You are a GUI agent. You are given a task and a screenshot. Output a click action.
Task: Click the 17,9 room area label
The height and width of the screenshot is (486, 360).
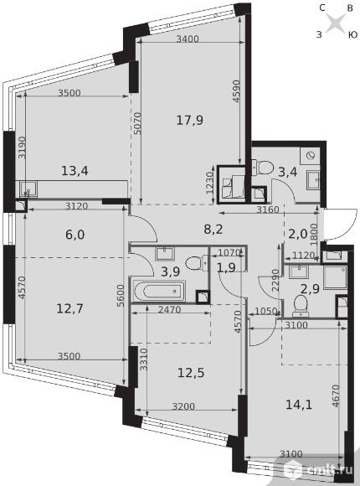pos(189,120)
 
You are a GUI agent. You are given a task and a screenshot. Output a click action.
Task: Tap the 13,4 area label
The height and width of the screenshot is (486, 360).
pos(75,170)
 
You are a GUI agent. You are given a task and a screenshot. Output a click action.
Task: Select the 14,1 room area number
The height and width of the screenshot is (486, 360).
pos(299,405)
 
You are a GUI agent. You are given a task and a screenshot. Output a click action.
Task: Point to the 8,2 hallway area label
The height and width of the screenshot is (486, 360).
pos(213,230)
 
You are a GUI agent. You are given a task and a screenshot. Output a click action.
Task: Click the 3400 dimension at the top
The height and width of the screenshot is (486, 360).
pos(188,39)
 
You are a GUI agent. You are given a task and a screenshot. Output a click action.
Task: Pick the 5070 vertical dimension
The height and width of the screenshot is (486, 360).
pos(137,123)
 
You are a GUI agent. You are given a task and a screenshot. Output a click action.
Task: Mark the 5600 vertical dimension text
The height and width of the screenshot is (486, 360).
pos(121,296)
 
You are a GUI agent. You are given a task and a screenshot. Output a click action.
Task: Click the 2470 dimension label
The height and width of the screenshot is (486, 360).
pos(169,310)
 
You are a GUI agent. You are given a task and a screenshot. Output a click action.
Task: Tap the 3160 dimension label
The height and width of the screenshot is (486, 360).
pos(268,209)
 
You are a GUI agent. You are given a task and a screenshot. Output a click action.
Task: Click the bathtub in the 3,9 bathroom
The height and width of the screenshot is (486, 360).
pos(159,291)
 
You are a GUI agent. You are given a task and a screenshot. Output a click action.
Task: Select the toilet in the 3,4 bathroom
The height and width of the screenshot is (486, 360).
pos(262,168)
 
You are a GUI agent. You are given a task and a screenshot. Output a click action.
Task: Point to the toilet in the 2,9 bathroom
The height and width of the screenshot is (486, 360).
pos(301,305)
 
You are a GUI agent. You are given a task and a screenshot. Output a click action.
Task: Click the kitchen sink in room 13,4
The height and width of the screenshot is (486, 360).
pos(28,189)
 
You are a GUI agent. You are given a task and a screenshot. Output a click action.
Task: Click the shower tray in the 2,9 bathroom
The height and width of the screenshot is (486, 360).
pos(335,277)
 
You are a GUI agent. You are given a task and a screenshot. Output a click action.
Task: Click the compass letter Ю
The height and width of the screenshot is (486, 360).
pos(352,34)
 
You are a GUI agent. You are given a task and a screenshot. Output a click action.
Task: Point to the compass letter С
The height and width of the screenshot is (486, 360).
pos(322,8)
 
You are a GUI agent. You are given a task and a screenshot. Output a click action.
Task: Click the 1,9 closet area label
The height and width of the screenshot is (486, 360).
pos(226,267)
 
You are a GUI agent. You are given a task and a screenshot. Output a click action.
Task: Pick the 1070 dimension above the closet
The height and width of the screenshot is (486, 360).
pos(229,252)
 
